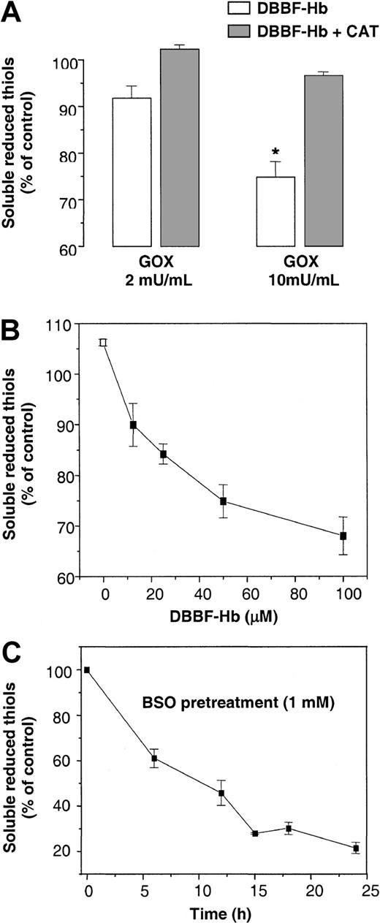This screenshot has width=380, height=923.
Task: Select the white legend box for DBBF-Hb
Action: pyautogui.click(x=235, y=10)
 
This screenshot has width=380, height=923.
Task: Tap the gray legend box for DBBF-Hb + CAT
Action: pyautogui.click(x=235, y=31)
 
